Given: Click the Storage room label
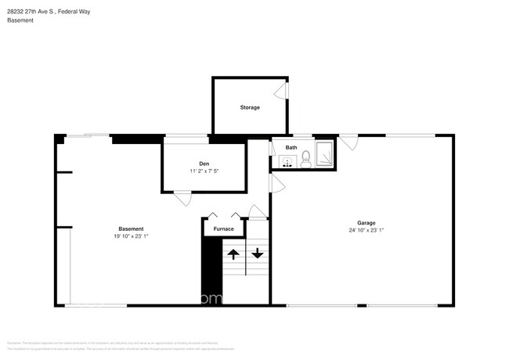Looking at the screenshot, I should (x=250, y=107).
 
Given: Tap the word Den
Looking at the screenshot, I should (x=204, y=163).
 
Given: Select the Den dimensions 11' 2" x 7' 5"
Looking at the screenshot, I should (x=204, y=171).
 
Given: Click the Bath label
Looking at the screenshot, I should (x=291, y=147).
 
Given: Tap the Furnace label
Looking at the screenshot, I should (x=224, y=229).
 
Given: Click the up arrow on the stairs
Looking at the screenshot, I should (x=233, y=254).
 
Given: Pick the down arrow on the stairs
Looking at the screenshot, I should (x=257, y=254).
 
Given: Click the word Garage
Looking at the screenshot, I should (x=366, y=222).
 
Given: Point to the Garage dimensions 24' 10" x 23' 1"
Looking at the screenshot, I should (x=366, y=230).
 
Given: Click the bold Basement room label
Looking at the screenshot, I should (x=131, y=229).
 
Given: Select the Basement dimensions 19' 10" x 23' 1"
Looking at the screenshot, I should (x=131, y=236).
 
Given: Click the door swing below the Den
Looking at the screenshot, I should (x=182, y=198).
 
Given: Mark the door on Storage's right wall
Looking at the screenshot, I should (x=287, y=91).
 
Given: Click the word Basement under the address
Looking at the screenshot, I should (x=19, y=20).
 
